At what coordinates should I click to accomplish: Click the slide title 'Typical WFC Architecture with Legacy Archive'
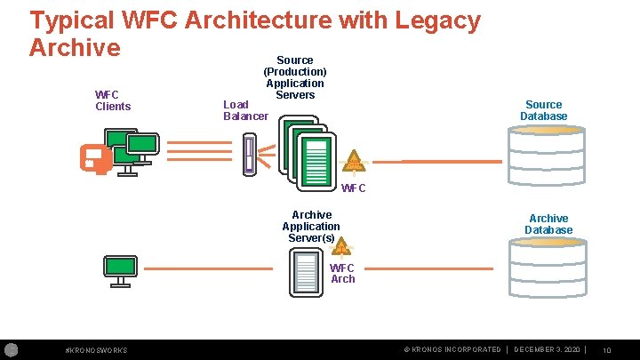254,32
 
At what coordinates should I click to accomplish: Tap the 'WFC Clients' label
113,100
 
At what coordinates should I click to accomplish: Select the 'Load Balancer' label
245,110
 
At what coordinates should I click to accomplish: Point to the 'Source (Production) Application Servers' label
294,77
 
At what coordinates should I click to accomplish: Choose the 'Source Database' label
543,110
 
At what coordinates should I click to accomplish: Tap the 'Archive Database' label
548,224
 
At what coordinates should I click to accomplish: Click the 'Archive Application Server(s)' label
311,227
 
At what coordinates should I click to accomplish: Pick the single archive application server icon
306,273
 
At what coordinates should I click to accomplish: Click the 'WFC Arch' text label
342,273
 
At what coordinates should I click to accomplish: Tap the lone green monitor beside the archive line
119,268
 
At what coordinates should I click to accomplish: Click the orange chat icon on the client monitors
93,158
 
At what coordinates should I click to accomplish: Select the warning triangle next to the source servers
355,161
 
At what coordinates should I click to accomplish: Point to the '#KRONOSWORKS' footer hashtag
97,350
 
